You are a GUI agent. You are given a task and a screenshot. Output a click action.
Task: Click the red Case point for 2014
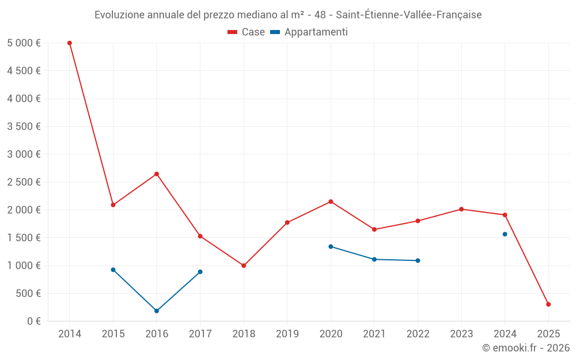[x=70, y=43]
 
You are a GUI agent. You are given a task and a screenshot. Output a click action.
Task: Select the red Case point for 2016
[x=157, y=174]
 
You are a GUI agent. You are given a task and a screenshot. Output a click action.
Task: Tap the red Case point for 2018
[x=244, y=266]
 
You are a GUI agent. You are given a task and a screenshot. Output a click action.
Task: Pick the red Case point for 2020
[x=331, y=202]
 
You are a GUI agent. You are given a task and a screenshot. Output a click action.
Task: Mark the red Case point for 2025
[x=548, y=304]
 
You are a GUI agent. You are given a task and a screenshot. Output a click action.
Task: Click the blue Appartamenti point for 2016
[x=157, y=310]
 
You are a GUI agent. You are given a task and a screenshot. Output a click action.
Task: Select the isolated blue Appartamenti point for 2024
[x=505, y=234]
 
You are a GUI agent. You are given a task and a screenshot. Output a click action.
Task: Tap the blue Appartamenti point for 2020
[x=331, y=247]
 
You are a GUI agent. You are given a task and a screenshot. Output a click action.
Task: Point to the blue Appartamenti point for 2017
[x=200, y=272]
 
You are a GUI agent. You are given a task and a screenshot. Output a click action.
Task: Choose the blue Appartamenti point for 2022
[x=418, y=260]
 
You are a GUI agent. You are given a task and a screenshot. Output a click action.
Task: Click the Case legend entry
[x=247, y=32]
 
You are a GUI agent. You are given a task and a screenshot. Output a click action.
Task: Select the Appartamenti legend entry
[x=309, y=32]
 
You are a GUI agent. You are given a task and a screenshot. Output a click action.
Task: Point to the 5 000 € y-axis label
[x=24, y=43]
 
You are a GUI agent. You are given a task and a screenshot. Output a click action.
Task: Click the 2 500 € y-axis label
[x=24, y=182]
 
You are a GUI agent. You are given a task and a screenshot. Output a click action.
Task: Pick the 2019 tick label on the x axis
[x=287, y=334]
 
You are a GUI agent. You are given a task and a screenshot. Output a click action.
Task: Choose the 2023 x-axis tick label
[x=461, y=334]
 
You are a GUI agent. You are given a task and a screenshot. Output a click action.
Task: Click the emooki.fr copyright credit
[x=526, y=348]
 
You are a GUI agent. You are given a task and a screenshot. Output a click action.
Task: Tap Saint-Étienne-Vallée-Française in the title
[x=408, y=15]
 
